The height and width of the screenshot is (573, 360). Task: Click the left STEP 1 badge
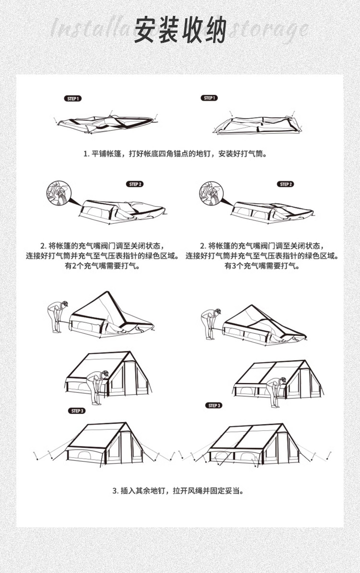pyautogui.click(x=73, y=98)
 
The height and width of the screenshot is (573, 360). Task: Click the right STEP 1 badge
pyautogui.click(x=209, y=98)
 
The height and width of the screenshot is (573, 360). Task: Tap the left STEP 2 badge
pyautogui.click(x=135, y=184)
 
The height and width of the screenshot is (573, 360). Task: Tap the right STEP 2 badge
pyautogui.click(x=286, y=184)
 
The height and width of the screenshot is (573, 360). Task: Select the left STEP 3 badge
pyautogui.click(x=77, y=411)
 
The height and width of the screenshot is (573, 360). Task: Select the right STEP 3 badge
pyautogui.click(x=214, y=405)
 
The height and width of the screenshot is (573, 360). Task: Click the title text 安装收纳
pyautogui.click(x=180, y=30)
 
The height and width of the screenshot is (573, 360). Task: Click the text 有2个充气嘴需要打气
pyautogui.click(x=102, y=266)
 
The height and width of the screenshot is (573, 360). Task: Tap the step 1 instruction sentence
pyautogui.click(x=175, y=154)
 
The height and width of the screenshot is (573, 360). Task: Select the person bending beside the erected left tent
pyautogui.click(x=99, y=386)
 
